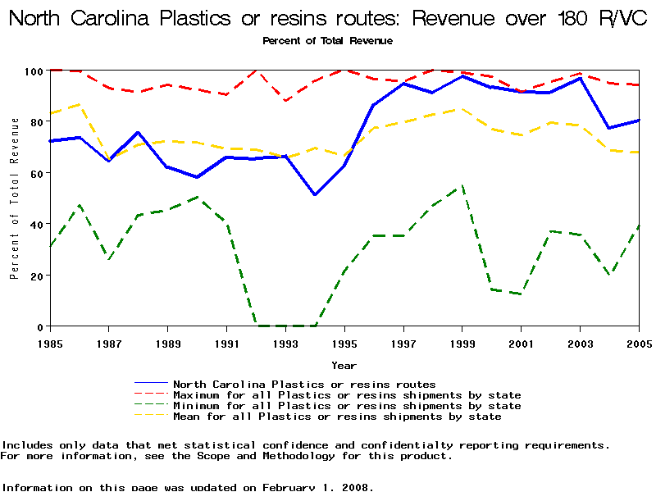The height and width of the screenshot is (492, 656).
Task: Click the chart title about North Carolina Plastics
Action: [x=327, y=18]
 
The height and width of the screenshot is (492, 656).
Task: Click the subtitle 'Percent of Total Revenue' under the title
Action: [x=327, y=40]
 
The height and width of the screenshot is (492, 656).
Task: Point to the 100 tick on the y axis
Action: [x=34, y=71]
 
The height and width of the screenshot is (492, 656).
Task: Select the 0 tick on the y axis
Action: [x=39, y=326]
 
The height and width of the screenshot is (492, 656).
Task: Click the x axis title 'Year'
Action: [x=344, y=365]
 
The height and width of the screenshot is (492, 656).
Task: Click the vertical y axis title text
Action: [x=14, y=198]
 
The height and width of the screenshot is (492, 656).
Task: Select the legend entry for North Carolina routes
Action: [x=304, y=384]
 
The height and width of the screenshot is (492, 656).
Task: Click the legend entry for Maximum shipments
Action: [x=347, y=395]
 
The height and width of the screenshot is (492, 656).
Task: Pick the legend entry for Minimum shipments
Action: [x=347, y=406]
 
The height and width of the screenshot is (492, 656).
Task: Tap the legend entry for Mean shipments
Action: [x=337, y=417]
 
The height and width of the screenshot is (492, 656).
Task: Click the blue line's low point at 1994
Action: [x=315, y=194]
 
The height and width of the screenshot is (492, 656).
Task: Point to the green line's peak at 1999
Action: [x=462, y=186]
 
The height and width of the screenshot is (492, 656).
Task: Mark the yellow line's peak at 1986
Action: [x=79, y=104]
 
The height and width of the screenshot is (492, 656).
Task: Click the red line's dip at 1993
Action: [x=285, y=101]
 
